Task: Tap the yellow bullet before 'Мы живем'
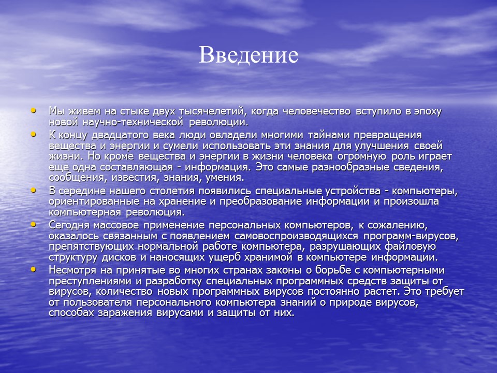34,110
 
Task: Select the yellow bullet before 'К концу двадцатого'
34,134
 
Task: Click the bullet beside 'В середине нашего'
34,190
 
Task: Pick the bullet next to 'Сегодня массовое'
34,224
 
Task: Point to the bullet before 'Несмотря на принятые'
34,269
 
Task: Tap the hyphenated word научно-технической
130,123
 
